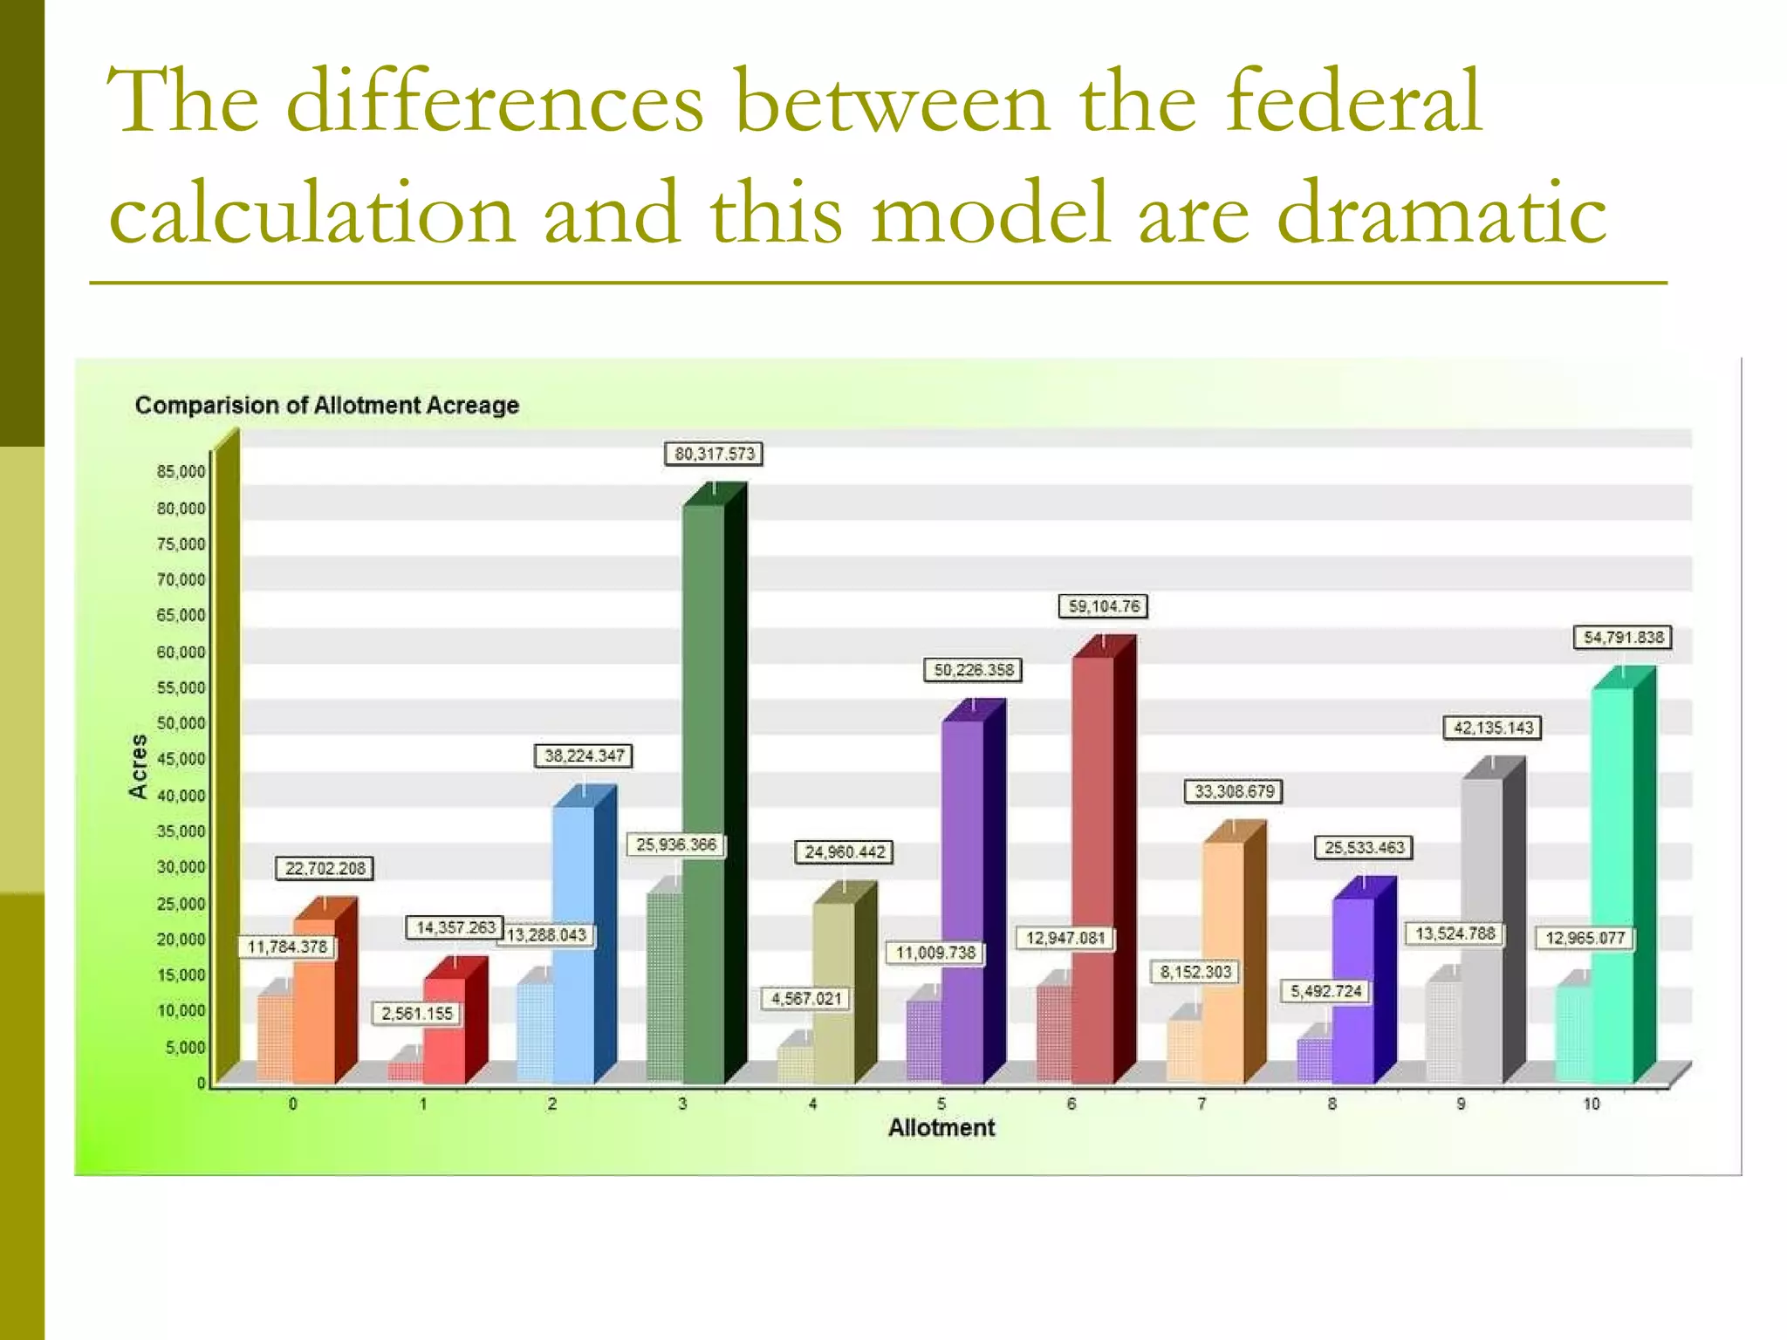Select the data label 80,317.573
[714, 454]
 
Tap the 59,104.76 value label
[1104, 606]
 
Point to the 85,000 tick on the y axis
[181, 472]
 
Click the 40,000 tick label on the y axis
[181, 796]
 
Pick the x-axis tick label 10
[1592, 1104]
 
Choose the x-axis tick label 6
[1072, 1104]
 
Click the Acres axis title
[138, 765]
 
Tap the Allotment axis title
[941, 1128]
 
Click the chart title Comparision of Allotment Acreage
[327, 406]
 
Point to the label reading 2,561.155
[417, 1014]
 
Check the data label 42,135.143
[1493, 728]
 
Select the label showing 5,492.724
[1326, 991]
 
